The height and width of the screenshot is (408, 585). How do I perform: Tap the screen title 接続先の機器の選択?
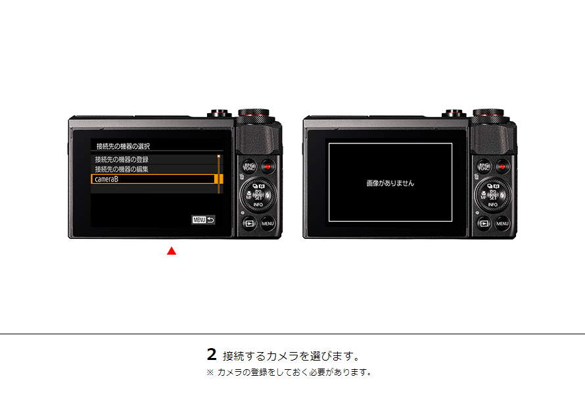[x=128, y=146]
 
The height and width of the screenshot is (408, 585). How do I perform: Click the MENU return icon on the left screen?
[x=203, y=220]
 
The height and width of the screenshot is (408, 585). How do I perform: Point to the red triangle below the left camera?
[x=172, y=251]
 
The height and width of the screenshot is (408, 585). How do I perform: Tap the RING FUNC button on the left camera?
[x=249, y=167]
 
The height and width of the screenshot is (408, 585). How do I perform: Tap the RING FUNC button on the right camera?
[x=484, y=167]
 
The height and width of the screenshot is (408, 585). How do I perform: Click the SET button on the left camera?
[x=258, y=196]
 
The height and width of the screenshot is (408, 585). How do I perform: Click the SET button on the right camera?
[x=493, y=196]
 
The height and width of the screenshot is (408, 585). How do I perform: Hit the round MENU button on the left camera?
[x=268, y=224]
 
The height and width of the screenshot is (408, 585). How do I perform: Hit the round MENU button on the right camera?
[x=503, y=224]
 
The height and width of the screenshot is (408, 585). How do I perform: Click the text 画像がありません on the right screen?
[x=390, y=183]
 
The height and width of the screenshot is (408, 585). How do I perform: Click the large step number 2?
[x=211, y=355]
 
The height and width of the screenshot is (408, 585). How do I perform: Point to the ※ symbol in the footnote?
[x=210, y=372]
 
